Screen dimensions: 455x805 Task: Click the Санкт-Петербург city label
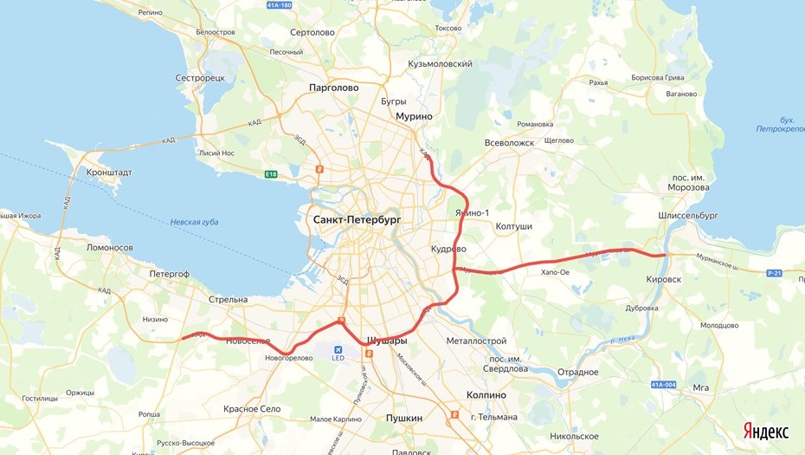351,220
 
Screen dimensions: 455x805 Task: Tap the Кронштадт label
109,172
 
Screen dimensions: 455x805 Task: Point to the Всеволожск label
510,142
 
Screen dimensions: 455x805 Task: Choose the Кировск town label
664,280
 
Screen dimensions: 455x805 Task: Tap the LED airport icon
338,350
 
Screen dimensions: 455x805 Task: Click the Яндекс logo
765,432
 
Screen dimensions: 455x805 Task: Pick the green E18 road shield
271,174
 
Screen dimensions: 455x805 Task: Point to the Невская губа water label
194,222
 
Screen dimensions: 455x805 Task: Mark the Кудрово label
448,249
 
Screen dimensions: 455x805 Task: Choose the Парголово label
333,88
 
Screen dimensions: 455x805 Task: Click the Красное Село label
251,408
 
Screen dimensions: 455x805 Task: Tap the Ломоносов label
110,247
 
